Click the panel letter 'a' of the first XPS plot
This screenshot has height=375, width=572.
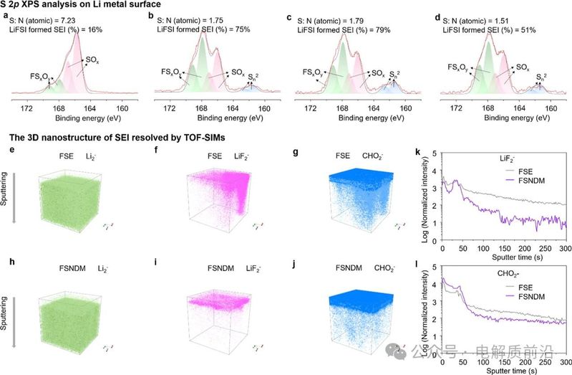pyautogui.click(x=4, y=14)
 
